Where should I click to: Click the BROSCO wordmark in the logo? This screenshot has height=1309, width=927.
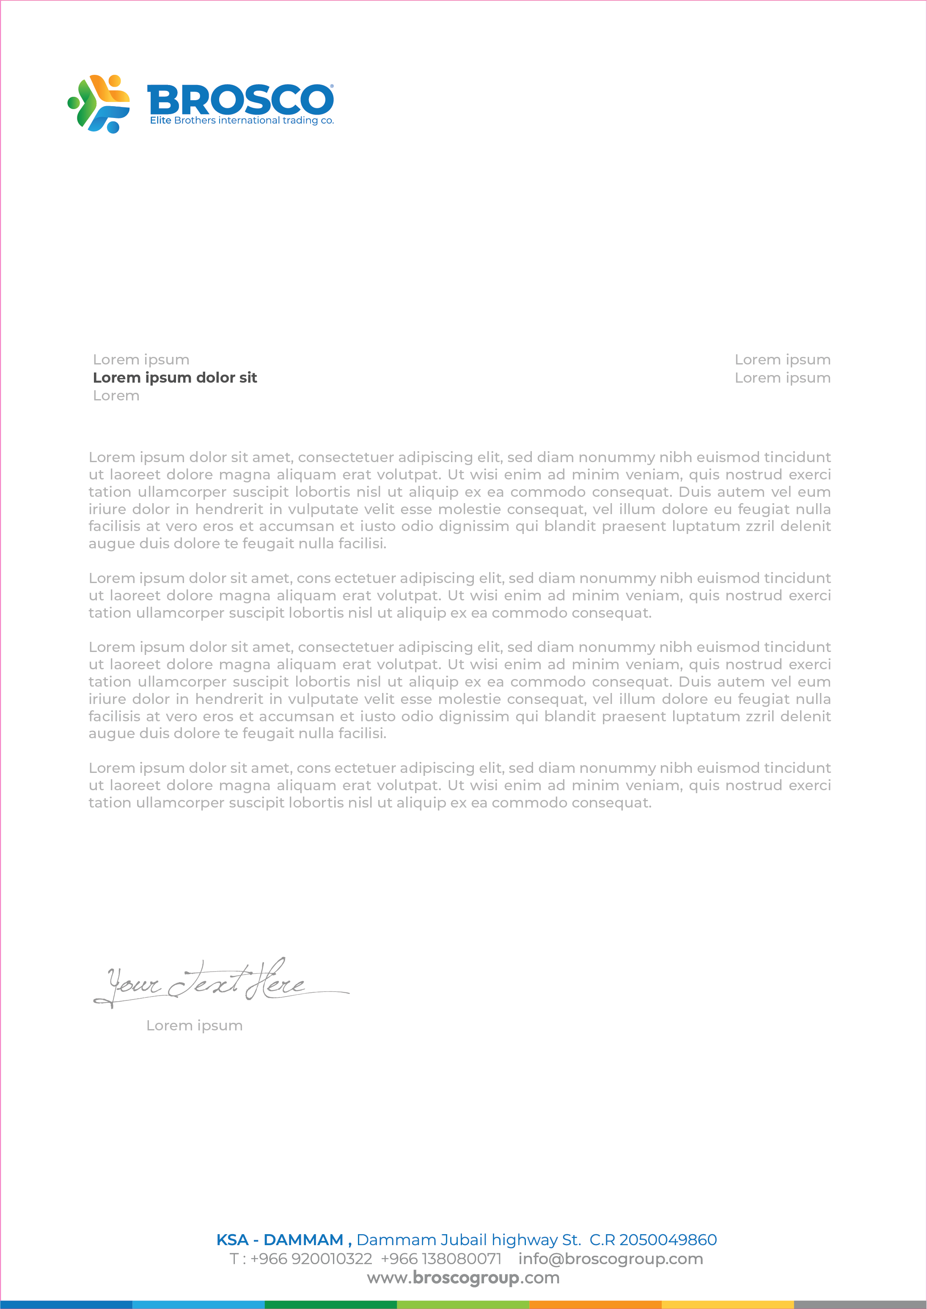(240, 100)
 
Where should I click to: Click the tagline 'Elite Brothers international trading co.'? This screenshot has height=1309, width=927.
(242, 120)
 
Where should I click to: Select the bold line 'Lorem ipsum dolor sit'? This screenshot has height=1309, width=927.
(175, 378)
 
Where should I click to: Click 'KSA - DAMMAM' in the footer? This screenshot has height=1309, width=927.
(280, 1240)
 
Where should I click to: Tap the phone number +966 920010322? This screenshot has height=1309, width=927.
(311, 1259)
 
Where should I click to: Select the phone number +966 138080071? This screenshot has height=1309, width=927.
(441, 1259)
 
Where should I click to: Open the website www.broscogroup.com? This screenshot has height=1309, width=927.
(463, 1278)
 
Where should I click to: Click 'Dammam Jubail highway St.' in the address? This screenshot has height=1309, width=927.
(469, 1240)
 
